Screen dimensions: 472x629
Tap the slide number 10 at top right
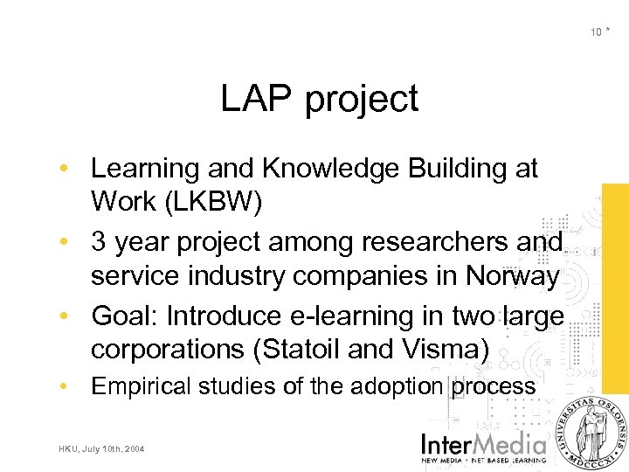pos(596,32)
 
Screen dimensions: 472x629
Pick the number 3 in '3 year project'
pos(99,241)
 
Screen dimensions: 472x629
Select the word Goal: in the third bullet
pos(127,315)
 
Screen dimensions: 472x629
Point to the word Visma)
pos(443,350)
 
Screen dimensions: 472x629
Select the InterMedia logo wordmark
pos(484,441)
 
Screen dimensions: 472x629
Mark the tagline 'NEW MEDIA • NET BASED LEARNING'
pos(484,459)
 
